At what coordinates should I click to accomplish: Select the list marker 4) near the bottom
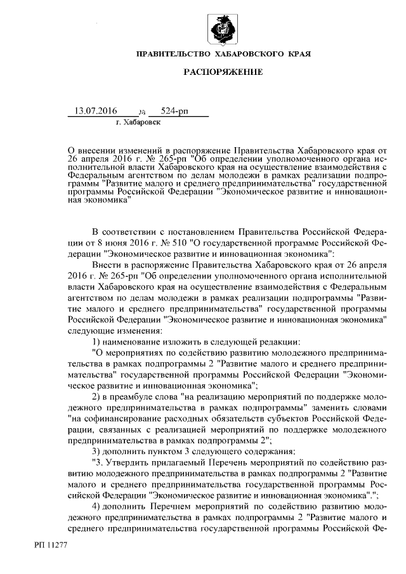click(x=97, y=507)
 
